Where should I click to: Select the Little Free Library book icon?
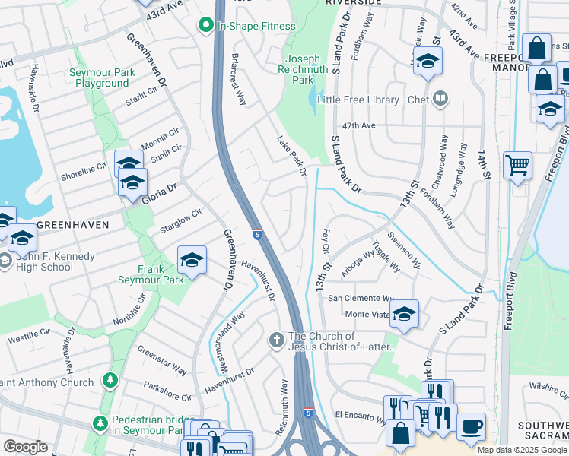(440, 100)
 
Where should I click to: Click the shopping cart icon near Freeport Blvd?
(517, 165)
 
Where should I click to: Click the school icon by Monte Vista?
(404, 314)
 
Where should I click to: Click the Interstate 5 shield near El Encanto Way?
(307, 413)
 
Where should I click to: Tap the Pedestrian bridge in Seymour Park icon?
(99, 422)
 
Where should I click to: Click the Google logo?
(25, 447)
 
